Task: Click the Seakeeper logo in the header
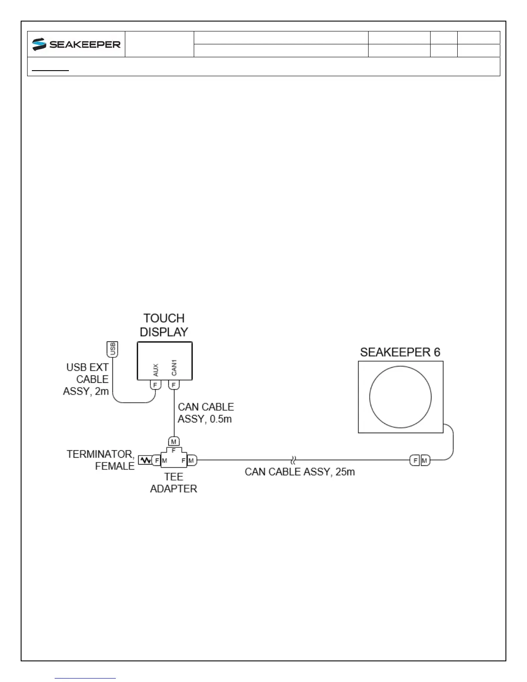pyautogui.click(x=76, y=44)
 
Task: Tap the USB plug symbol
pyautogui.click(x=112, y=349)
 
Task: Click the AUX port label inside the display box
pyautogui.click(x=156, y=369)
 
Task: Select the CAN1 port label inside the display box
pyautogui.click(x=174, y=367)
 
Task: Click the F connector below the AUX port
pyautogui.click(x=155, y=384)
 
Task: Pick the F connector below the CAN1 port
pyautogui.click(x=174, y=384)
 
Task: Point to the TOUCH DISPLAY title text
pyautogui.click(x=164, y=325)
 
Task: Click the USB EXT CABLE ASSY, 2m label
pyautogui.click(x=87, y=379)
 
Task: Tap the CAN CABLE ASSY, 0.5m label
pyautogui.click(x=205, y=413)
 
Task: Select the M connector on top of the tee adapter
pyautogui.click(x=174, y=442)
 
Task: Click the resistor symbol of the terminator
pyautogui.click(x=145, y=460)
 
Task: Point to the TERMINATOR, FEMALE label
pyautogui.click(x=101, y=460)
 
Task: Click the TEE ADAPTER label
pyautogui.click(x=174, y=483)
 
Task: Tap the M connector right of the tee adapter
pyautogui.click(x=192, y=460)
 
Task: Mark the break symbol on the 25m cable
pyautogui.click(x=293, y=460)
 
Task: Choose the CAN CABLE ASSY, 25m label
pyautogui.click(x=300, y=472)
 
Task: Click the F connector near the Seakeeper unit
pyautogui.click(x=415, y=460)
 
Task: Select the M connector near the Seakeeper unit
pyautogui.click(x=425, y=460)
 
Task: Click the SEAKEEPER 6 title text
pyautogui.click(x=400, y=352)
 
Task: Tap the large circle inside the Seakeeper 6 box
pyautogui.click(x=400, y=397)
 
